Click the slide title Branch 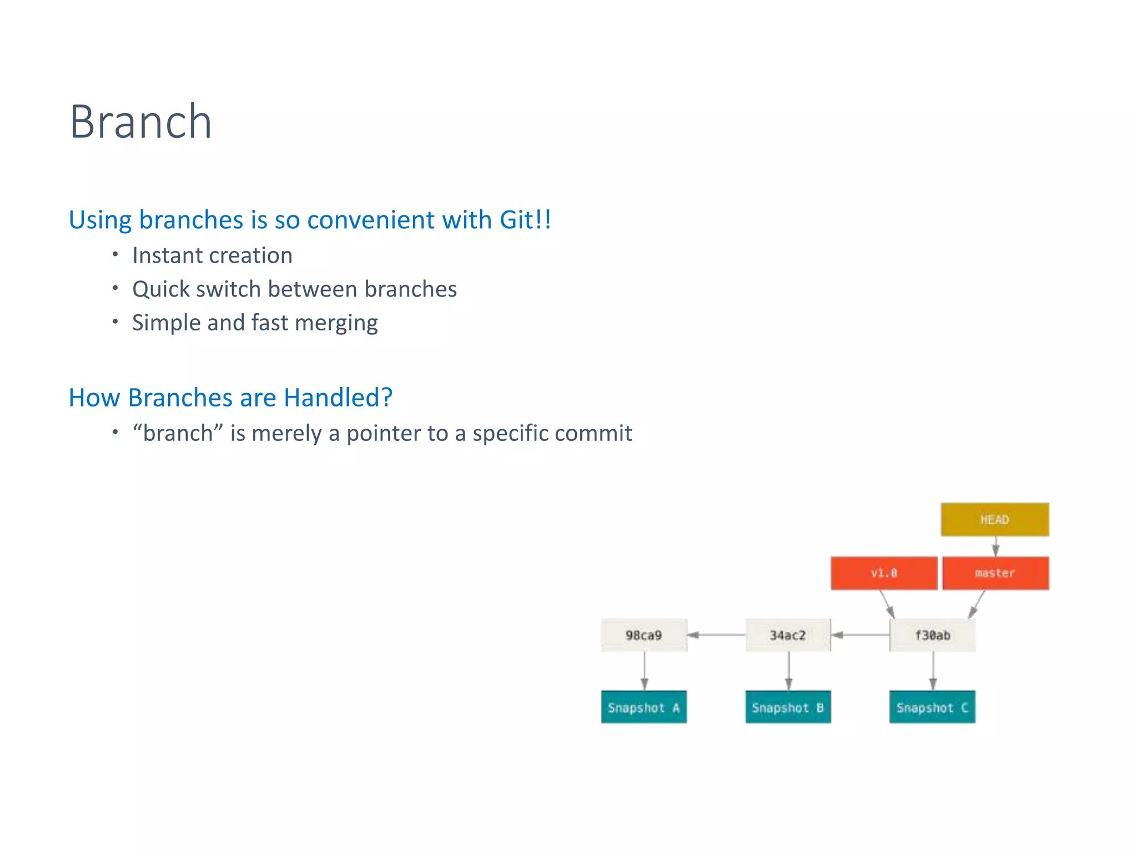click(x=140, y=122)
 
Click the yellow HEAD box click(x=994, y=519)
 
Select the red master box click(x=995, y=573)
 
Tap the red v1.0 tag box click(x=883, y=573)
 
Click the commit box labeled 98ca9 click(x=643, y=635)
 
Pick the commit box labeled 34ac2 click(x=787, y=635)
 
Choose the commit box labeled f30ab click(x=932, y=635)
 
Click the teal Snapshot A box click(x=643, y=707)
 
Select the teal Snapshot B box click(x=787, y=707)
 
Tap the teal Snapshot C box click(x=932, y=707)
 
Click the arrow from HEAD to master click(x=995, y=546)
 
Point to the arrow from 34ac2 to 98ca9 click(x=716, y=635)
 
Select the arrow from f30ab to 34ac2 click(x=860, y=635)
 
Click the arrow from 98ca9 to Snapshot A click(x=644, y=671)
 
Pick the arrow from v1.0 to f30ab click(x=887, y=604)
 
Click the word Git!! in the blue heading click(x=525, y=219)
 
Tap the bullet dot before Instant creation click(x=115, y=254)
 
